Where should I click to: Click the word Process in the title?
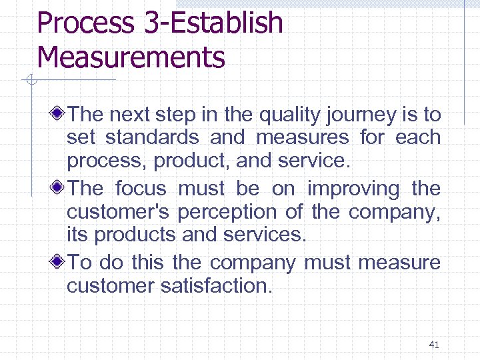point(85,23)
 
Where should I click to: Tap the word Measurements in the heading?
point(131,57)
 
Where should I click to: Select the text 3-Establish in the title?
point(213,23)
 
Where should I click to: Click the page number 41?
point(434,345)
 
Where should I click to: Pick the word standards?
point(152,138)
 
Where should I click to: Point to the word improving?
point(353,189)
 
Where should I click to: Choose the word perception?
point(253,212)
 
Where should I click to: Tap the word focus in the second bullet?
point(141,189)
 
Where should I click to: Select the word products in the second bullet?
point(130,235)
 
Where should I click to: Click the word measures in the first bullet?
point(302,138)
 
